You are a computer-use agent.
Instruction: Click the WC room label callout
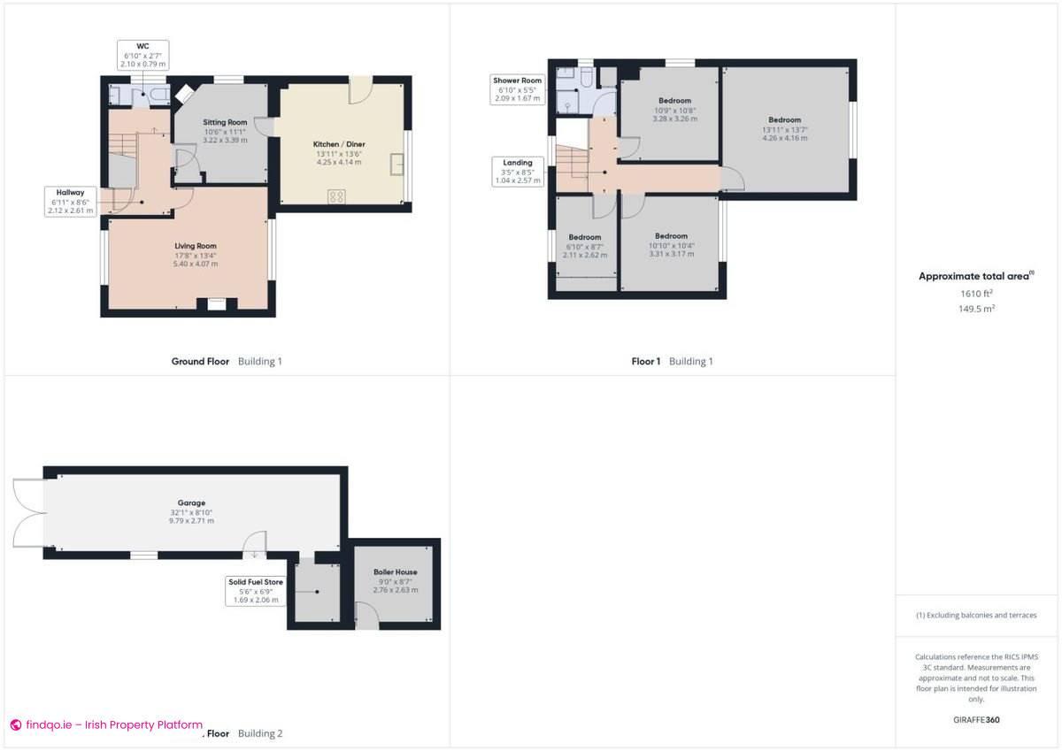[x=142, y=55]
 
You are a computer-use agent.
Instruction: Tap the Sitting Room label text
[x=225, y=130]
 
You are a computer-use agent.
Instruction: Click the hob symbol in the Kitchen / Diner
[x=337, y=196]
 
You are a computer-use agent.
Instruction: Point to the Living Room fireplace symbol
[x=217, y=304]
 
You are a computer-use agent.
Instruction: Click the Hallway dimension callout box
[x=72, y=201]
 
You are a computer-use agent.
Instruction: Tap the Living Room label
[x=195, y=255]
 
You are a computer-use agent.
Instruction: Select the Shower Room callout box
[x=518, y=89]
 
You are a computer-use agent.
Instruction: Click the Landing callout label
[x=518, y=172]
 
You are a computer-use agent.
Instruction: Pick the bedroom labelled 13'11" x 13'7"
[x=784, y=129]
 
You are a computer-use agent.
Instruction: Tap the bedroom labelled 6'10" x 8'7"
[x=585, y=246]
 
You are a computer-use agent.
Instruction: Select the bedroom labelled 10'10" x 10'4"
[x=671, y=245]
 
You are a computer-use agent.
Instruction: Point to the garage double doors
[x=27, y=513]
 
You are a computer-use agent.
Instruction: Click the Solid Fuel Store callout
[x=255, y=590]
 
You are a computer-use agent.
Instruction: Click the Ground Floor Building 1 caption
[x=227, y=361]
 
